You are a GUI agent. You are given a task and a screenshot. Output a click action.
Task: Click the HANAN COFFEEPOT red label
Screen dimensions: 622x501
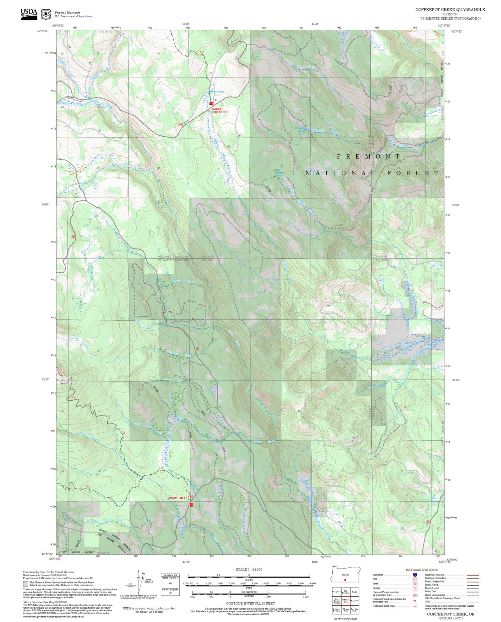(x=220, y=110)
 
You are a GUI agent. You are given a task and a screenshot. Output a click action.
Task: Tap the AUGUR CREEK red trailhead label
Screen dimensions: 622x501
(x=178, y=498)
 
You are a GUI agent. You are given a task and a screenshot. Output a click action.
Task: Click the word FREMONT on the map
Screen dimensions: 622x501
(x=368, y=156)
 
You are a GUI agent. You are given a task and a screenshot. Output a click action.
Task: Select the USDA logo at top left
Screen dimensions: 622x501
(x=29, y=14)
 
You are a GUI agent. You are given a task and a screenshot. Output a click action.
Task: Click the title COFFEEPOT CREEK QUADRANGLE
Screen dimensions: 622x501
(x=450, y=9)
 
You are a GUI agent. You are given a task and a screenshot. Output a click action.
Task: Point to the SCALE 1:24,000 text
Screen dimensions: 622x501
(x=249, y=569)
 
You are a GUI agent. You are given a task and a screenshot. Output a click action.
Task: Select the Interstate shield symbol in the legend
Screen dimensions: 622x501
(x=415, y=575)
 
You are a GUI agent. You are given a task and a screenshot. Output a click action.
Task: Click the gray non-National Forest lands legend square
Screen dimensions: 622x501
(x=26, y=584)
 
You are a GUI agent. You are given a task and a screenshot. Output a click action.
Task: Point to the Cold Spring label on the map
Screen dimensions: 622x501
(x=159, y=324)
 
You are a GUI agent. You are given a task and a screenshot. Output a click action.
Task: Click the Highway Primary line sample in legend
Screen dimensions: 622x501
(x=471, y=575)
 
